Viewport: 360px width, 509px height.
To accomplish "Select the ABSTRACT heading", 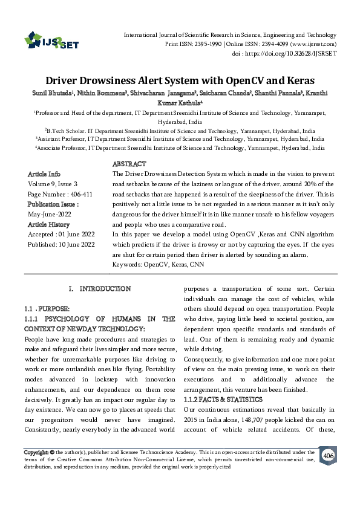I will pyautogui.click(x=129, y=164).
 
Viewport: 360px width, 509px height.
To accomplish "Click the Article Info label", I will pyautogui.click(x=44, y=174).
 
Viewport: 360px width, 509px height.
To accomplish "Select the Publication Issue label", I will pyautogui.click(x=53, y=204).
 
